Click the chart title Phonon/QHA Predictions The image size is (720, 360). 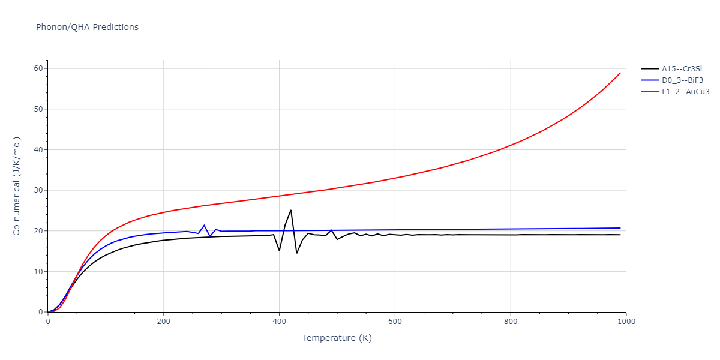[87, 27]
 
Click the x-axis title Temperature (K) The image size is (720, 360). [337, 338]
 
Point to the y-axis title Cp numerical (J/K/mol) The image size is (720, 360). [17, 186]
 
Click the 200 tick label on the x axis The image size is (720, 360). [163, 322]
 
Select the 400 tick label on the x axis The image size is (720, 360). [279, 322]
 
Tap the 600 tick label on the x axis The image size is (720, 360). [395, 322]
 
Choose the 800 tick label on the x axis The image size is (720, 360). [511, 322]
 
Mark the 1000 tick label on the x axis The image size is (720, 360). [626, 322]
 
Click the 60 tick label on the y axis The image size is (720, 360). [38, 68]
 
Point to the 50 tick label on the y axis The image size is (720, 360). [38, 109]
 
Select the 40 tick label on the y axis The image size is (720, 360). [38, 150]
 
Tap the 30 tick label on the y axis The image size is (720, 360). [38, 190]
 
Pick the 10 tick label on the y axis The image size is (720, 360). [38, 272]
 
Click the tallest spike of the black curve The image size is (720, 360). [291, 210]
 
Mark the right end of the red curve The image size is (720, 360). [620, 73]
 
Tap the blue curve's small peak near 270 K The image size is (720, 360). [204, 225]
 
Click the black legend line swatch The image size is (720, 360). [649, 69]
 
